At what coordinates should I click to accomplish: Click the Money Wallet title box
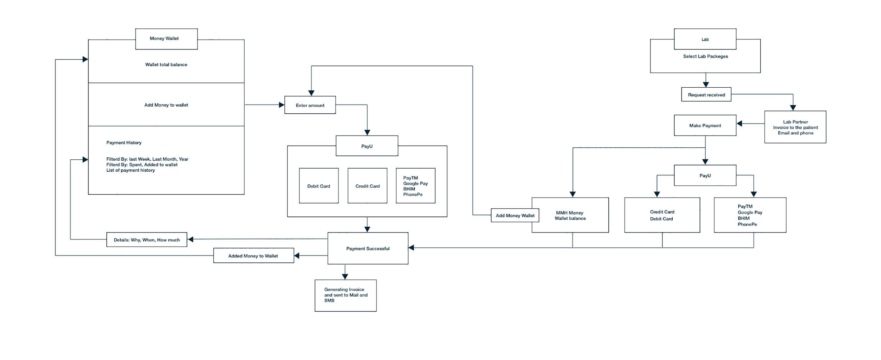[167, 39]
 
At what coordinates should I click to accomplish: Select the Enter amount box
[310, 105]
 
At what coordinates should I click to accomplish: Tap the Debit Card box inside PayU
[319, 186]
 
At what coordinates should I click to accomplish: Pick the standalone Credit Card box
[367, 186]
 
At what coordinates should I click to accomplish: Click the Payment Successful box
[368, 248]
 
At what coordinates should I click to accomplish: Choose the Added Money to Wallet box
[253, 255]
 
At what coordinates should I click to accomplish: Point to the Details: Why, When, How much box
[147, 239]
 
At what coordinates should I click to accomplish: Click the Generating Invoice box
[346, 295]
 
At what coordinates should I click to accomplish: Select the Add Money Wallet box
[515, 215]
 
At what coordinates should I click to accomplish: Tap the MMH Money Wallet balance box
[570, 215]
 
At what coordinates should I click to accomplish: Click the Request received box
[706, 95]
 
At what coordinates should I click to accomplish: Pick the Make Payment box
[705, 125]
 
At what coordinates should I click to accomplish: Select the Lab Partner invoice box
[795, 127]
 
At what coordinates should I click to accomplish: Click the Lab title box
[705, 39]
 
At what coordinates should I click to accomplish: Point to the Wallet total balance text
[166, 65]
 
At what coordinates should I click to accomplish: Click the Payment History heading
[124, 142]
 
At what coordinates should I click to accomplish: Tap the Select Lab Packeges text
[706, 56]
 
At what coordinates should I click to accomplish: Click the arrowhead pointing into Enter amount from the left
[282, 105]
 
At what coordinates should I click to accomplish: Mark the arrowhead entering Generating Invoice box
[345, 277]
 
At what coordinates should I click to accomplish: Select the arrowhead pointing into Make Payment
[739, 123]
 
